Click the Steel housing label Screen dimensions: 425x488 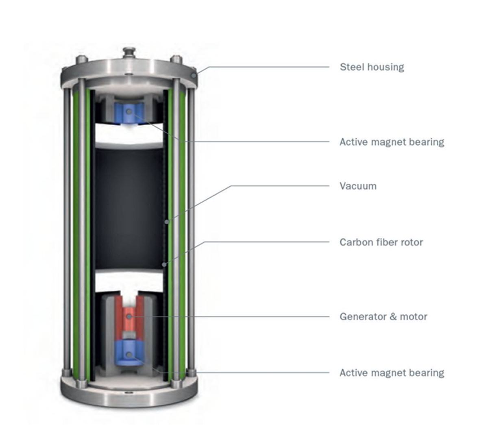(372, 67)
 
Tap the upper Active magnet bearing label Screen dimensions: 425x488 (392, 142)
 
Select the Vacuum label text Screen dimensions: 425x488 (358, 186)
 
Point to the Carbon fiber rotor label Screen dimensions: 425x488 (381, 242)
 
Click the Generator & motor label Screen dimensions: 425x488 (383, 316)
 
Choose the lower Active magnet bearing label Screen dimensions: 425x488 (392, 373)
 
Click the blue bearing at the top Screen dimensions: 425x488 (129, 111)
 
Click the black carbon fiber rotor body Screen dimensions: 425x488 (128, 207)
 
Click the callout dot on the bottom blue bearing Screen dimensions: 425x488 (129, 355)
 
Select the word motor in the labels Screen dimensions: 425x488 (414, 316)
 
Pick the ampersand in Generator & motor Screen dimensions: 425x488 (393, 316)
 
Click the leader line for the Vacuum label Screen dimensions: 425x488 (281, 186)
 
